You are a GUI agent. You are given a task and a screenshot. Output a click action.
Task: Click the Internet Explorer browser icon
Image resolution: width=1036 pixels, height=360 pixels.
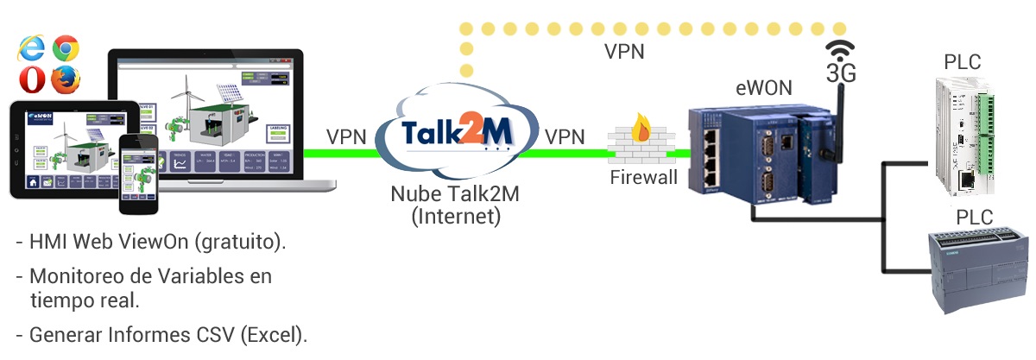pyautogui.click(x=31, y=48)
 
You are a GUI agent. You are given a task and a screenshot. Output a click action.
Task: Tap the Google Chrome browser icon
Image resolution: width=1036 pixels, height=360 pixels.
pyautogui.click(x=66, y=48)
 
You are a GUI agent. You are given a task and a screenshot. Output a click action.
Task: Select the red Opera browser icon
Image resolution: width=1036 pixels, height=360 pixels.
pyautogui.click(x=32, y=79)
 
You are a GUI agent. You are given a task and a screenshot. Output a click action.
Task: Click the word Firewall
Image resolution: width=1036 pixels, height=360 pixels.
pyautogui.click(x=643, y=179)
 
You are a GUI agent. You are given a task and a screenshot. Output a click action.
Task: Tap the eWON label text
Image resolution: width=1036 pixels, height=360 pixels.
pyautogui.click(x=763, y=88)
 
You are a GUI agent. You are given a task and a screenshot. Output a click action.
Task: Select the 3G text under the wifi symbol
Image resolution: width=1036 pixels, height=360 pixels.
pyautogui.click(x=841, y=74)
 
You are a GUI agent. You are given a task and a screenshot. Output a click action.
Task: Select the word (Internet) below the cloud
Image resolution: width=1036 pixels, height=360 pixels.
pyautogui.click(x=456, y=216)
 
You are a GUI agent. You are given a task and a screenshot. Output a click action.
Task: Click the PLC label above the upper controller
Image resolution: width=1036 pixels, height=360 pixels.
pyautogui.click(x=963, y=62)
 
